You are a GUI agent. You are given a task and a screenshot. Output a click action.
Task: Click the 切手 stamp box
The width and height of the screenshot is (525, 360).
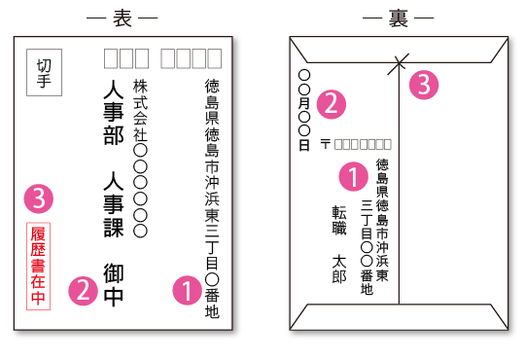45,72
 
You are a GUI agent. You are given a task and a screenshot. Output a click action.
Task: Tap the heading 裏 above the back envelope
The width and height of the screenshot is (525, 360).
399,18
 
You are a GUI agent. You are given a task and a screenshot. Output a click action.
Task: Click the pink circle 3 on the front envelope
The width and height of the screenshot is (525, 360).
38,199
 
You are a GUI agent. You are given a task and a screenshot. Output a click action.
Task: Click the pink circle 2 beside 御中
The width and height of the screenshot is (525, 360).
84,289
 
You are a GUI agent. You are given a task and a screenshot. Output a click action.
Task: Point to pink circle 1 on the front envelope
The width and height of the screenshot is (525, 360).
186,289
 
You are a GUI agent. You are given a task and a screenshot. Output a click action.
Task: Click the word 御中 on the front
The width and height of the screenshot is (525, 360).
113,285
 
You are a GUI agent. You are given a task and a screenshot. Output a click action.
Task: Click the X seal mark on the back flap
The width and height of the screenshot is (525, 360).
398,66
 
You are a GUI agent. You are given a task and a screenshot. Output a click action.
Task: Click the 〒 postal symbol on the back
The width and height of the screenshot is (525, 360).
326,144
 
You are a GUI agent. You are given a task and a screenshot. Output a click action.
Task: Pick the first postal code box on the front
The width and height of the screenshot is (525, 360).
111,58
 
